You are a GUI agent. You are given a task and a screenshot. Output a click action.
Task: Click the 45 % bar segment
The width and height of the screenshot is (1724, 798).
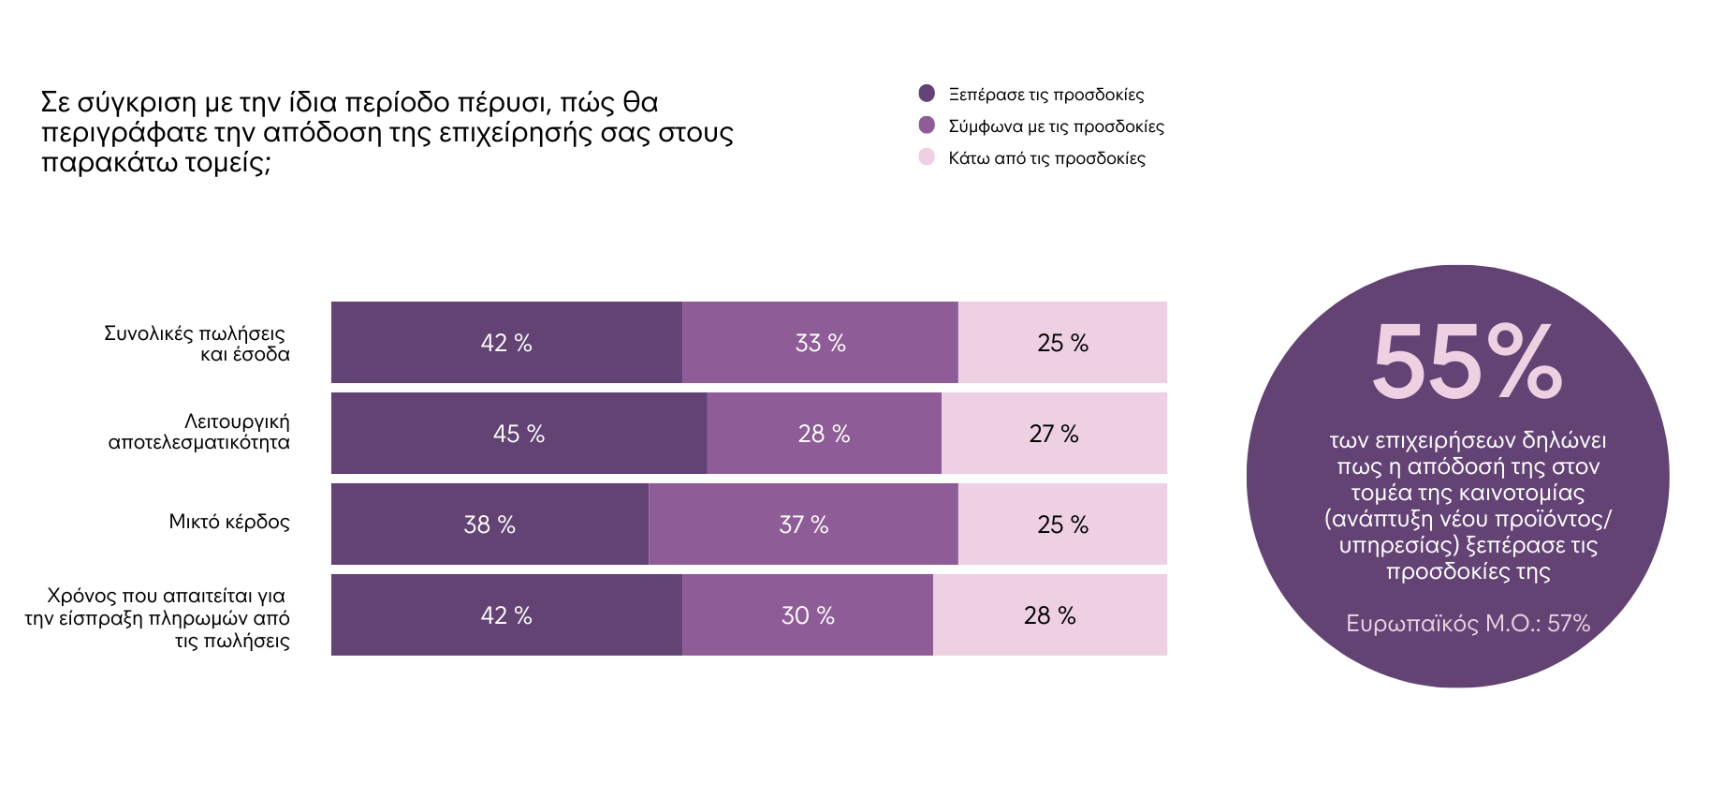(519, 434)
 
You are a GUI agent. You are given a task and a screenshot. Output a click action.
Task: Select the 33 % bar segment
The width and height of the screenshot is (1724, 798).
(820, 343)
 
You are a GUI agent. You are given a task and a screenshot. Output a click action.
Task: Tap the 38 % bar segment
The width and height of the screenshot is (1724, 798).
(489, 525)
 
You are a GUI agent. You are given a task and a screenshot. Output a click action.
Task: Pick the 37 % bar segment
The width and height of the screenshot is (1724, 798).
(803, 525)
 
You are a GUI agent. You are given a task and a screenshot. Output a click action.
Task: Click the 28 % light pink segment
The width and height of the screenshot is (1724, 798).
(1049, 615)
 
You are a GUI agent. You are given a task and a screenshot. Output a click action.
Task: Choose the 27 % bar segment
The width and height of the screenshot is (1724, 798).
(1054, 434)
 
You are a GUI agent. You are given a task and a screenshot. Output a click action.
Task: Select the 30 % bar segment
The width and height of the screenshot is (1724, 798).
(808, 615)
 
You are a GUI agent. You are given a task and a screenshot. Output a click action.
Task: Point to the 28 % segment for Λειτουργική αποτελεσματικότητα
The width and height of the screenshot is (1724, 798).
(824, 434)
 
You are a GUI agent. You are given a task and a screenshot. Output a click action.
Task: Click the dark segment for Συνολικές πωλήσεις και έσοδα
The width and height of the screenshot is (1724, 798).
(506, 343)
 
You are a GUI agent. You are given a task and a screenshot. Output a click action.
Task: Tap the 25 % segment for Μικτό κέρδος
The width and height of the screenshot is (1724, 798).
(1062, 525)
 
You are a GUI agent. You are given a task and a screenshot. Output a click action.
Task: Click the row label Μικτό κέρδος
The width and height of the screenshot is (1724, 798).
(229, 522)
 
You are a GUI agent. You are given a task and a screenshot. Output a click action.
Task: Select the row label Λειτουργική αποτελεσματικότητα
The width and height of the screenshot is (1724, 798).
(199, 432)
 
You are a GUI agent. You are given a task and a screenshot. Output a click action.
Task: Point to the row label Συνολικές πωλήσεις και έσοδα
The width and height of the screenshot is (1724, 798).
(197, 344)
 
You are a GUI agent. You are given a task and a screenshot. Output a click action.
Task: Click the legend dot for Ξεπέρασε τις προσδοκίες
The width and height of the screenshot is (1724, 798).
(927, 94)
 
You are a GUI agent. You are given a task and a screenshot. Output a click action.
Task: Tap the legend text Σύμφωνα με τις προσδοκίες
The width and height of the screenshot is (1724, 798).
(1056, 126)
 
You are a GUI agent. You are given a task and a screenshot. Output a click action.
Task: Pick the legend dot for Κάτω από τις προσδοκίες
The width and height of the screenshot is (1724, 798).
(927, 157)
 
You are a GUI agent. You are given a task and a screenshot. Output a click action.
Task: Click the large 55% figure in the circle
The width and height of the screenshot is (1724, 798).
(1466, 362)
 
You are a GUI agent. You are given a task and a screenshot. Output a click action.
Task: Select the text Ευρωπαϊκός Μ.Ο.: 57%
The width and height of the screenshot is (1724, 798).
(1468, 623)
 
